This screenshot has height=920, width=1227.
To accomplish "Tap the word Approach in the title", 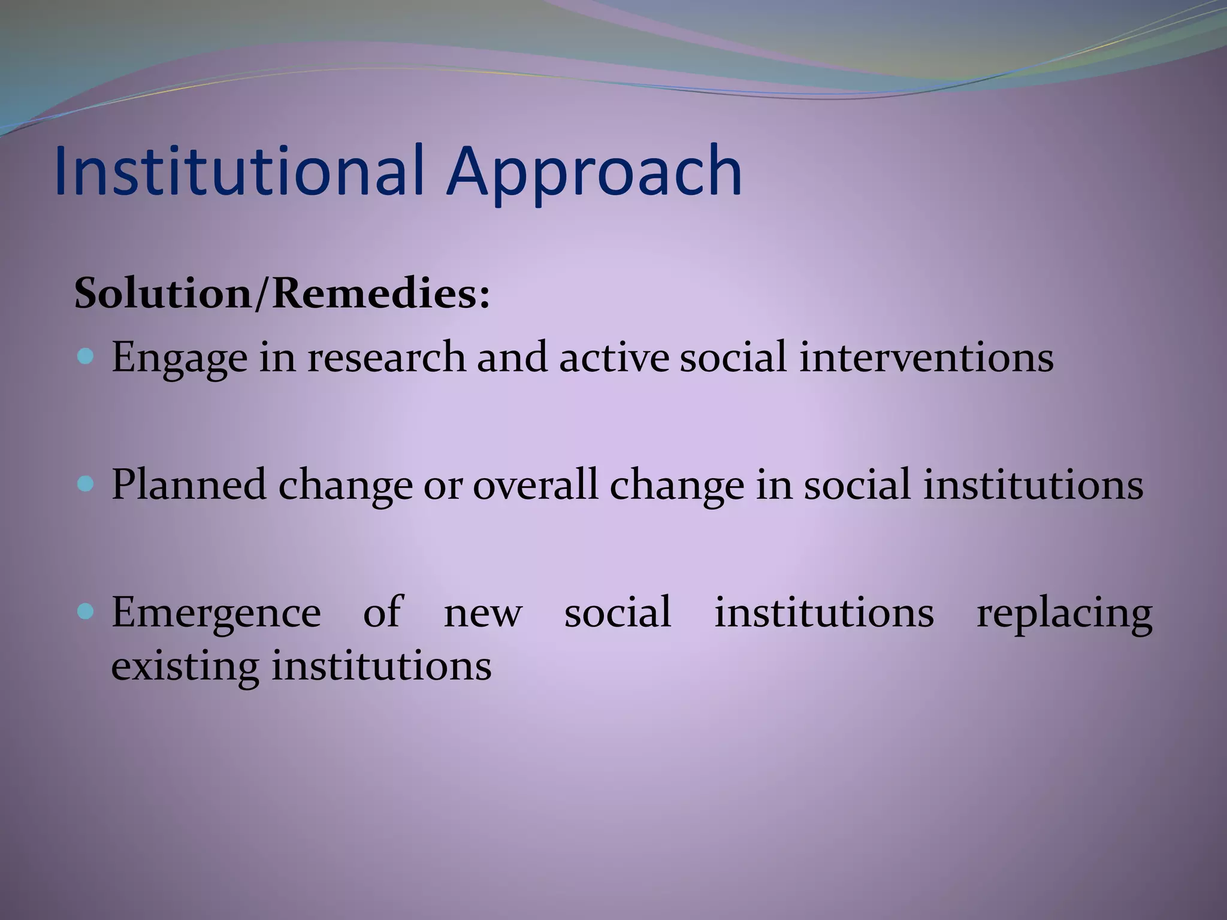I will coord(593,174).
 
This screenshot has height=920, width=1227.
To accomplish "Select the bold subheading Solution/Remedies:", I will coord(282,294).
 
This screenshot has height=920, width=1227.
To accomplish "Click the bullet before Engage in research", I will coord(86,357).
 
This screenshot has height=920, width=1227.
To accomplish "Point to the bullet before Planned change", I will coord(86,484).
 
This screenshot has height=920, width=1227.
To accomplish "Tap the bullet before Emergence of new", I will coord(86,612).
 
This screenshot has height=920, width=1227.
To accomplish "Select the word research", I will coord(386,358).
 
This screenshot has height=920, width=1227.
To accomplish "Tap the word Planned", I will coord(188,485).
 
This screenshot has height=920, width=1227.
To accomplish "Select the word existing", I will coord(185,667).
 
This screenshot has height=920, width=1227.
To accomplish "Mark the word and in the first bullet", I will coord(512,358).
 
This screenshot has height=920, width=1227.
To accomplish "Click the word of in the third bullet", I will coord(382,612).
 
